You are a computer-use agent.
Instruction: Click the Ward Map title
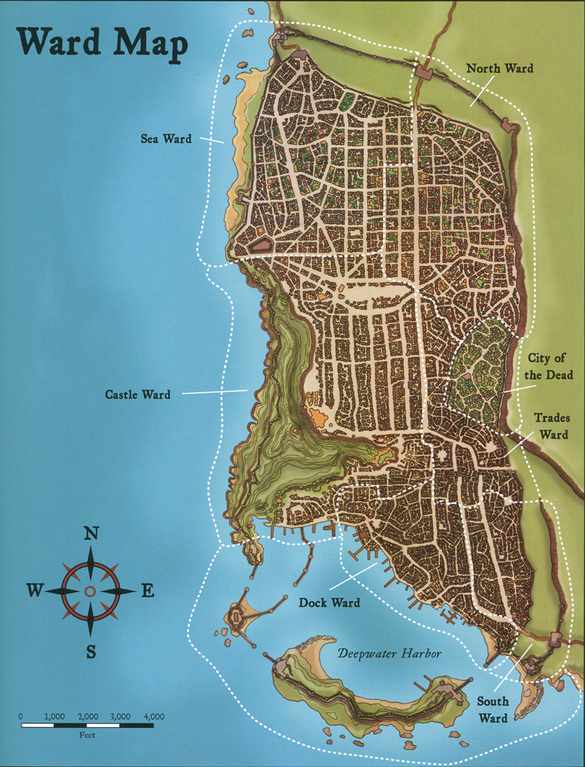(100, 44)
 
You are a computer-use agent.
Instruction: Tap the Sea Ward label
(166, 139)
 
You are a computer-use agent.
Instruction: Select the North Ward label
(500, 69)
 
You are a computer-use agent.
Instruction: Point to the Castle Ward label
(137, 395)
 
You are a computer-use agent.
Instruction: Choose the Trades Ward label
(551, 427)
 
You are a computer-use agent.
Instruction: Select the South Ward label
(493, 709)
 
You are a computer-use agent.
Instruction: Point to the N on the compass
(91, 534)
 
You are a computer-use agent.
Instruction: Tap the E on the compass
(147, 590)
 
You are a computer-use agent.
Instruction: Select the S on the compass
(91, 652)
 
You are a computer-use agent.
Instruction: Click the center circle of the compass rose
(91, 591)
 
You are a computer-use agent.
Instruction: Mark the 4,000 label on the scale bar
(154, 716)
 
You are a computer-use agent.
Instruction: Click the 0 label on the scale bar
(21, 716)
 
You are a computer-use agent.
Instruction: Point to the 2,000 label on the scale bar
(87, 716)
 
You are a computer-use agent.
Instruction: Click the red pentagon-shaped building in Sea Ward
(260, 246)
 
